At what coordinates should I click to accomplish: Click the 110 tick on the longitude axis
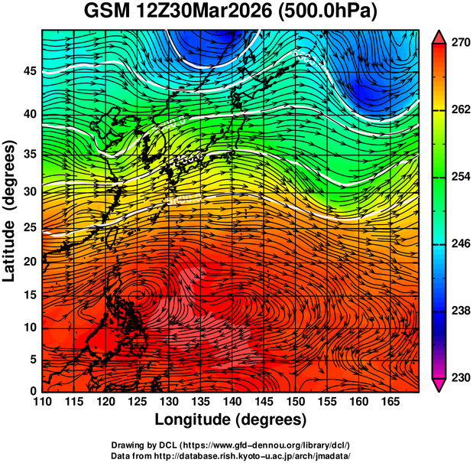[42, 402]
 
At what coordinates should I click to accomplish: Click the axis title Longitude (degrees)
[231, 420]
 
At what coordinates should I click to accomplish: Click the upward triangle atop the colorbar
[438, 37]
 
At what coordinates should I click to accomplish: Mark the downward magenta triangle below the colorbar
[438, 384]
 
